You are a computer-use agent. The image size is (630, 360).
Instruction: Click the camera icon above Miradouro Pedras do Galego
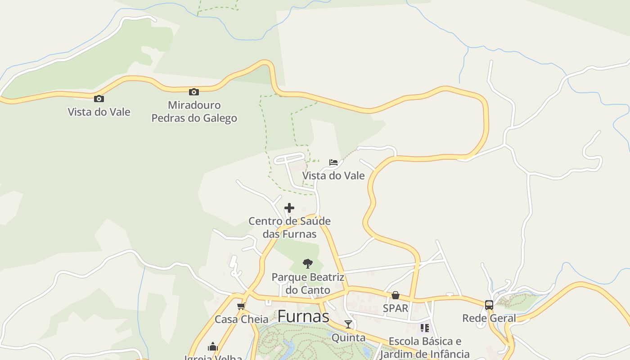[x=194, y=92]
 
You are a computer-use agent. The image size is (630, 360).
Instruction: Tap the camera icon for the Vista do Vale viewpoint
[x=99, y=99]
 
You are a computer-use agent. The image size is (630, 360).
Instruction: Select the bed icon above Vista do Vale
[x=333, y=162]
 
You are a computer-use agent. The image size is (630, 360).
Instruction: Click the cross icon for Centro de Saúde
[x=289, y=208]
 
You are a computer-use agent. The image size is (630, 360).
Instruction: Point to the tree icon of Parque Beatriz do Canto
[x=308, y=263]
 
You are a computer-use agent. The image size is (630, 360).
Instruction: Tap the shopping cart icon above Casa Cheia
[x=241, y=306]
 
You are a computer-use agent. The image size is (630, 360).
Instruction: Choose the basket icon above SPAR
[x=396, y=295]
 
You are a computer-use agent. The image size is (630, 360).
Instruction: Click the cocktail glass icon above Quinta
[x=348, y=324]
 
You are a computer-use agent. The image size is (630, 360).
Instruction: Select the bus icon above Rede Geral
[x=489, y=305]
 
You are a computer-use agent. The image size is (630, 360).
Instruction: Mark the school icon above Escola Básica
[x=425, y=328]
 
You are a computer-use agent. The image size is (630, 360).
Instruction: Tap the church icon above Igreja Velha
[x=213, y=346]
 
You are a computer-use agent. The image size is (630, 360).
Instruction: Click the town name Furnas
[x=303, y=316]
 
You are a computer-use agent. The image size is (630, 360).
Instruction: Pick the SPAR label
[x=396, y=308]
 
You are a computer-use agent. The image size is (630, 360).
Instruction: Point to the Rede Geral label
[x=489, y=319]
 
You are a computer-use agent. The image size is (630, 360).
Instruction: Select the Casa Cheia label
[x=241, y=319]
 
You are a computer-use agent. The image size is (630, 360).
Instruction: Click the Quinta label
[x=348, y=337]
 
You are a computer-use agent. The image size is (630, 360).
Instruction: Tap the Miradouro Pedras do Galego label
[x=194, y=112]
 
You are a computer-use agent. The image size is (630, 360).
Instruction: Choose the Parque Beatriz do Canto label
[x=308, y=283]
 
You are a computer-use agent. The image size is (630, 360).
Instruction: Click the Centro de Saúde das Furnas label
[x=289, y=228]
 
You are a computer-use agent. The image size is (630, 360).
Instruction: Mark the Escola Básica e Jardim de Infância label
[x=425, y=347]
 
